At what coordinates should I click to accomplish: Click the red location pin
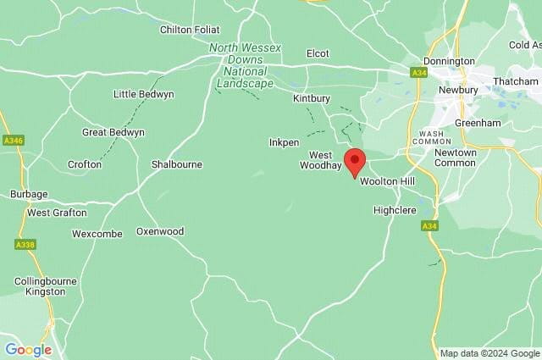tap(355, 161)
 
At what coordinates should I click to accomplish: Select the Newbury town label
tap(459, 90)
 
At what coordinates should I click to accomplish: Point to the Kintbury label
tap(312, 99)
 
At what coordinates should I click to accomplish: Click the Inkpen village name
tap(284, 142)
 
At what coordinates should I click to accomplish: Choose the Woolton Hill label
tap(387, 182)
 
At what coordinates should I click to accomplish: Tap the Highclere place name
tap(395, 210)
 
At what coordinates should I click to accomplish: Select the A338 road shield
tap(25, 244)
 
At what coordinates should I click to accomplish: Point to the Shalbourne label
tap(176, 164)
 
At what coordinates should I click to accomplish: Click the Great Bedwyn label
tap(113, 133)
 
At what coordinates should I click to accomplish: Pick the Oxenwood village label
tap(160, 231)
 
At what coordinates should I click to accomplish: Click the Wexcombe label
tap(97, 234)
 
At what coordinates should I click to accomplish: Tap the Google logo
tap(28, 350)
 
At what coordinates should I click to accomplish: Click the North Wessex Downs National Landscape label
tap(246, 65)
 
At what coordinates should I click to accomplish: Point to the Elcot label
tap(318, 53)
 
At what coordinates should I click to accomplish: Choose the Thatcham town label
tap(516, 81)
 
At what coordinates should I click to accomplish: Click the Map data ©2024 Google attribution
tap(489, 353)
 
